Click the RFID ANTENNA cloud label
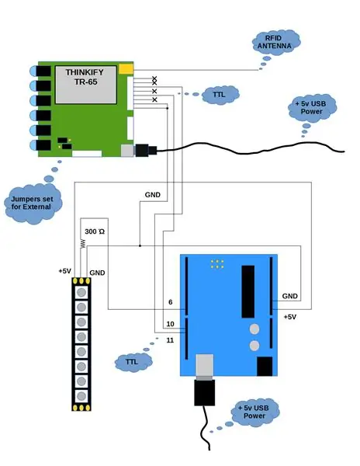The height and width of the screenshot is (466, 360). tap(276, 42)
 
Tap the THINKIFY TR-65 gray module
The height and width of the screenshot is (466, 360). tap(86, 85)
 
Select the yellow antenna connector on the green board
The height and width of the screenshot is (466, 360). tap(126, 69)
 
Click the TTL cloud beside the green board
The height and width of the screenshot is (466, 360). tap(220, 95)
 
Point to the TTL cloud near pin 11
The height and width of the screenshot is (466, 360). tap(133, 362)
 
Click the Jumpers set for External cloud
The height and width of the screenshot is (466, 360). tap(33, 203)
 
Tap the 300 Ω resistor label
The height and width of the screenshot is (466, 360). tap(95, 231)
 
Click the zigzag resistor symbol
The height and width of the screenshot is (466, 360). tap(83, 244)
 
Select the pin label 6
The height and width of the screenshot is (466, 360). tap(171, 302)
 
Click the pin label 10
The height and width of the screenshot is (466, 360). tap(170, 324)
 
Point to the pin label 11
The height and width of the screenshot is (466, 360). tap(170, 340)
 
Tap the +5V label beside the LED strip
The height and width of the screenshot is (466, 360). tap(64, 271)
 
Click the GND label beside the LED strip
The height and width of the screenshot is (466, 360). tap(97, 273)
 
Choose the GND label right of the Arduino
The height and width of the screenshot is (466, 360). tap(289, 297)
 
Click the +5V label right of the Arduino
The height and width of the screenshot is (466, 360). tap(290, 317)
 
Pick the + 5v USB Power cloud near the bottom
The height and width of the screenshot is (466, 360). tap(255, 412)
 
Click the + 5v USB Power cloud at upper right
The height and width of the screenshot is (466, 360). tap(312, 108)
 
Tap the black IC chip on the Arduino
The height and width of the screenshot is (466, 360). tap(248, 291)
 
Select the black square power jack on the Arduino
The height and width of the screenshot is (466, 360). tap(265, 367)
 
